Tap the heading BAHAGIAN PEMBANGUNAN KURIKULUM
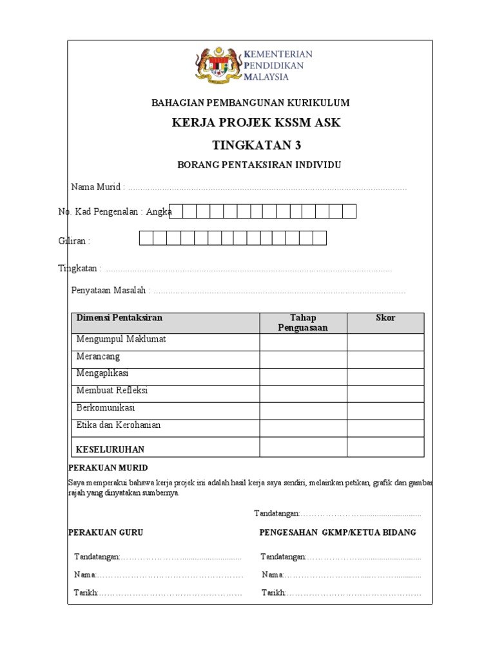point(250,102)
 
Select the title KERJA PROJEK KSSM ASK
point(257,123)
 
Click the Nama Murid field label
point(97,187)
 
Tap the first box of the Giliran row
point(146,238)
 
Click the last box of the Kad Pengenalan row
point(349,211)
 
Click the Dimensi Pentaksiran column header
point(119,318)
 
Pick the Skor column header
point(385,318)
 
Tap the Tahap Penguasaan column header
point(303,322)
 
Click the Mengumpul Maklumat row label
point(121,339)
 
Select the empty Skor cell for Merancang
point(385,360)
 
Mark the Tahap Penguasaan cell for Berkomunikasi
point(303,411)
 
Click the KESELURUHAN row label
point(110,449)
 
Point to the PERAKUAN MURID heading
point(108,467)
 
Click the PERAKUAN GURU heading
point(106,532)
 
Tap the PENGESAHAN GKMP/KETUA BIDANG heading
point(338,532)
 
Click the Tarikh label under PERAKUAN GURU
point(86,593)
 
